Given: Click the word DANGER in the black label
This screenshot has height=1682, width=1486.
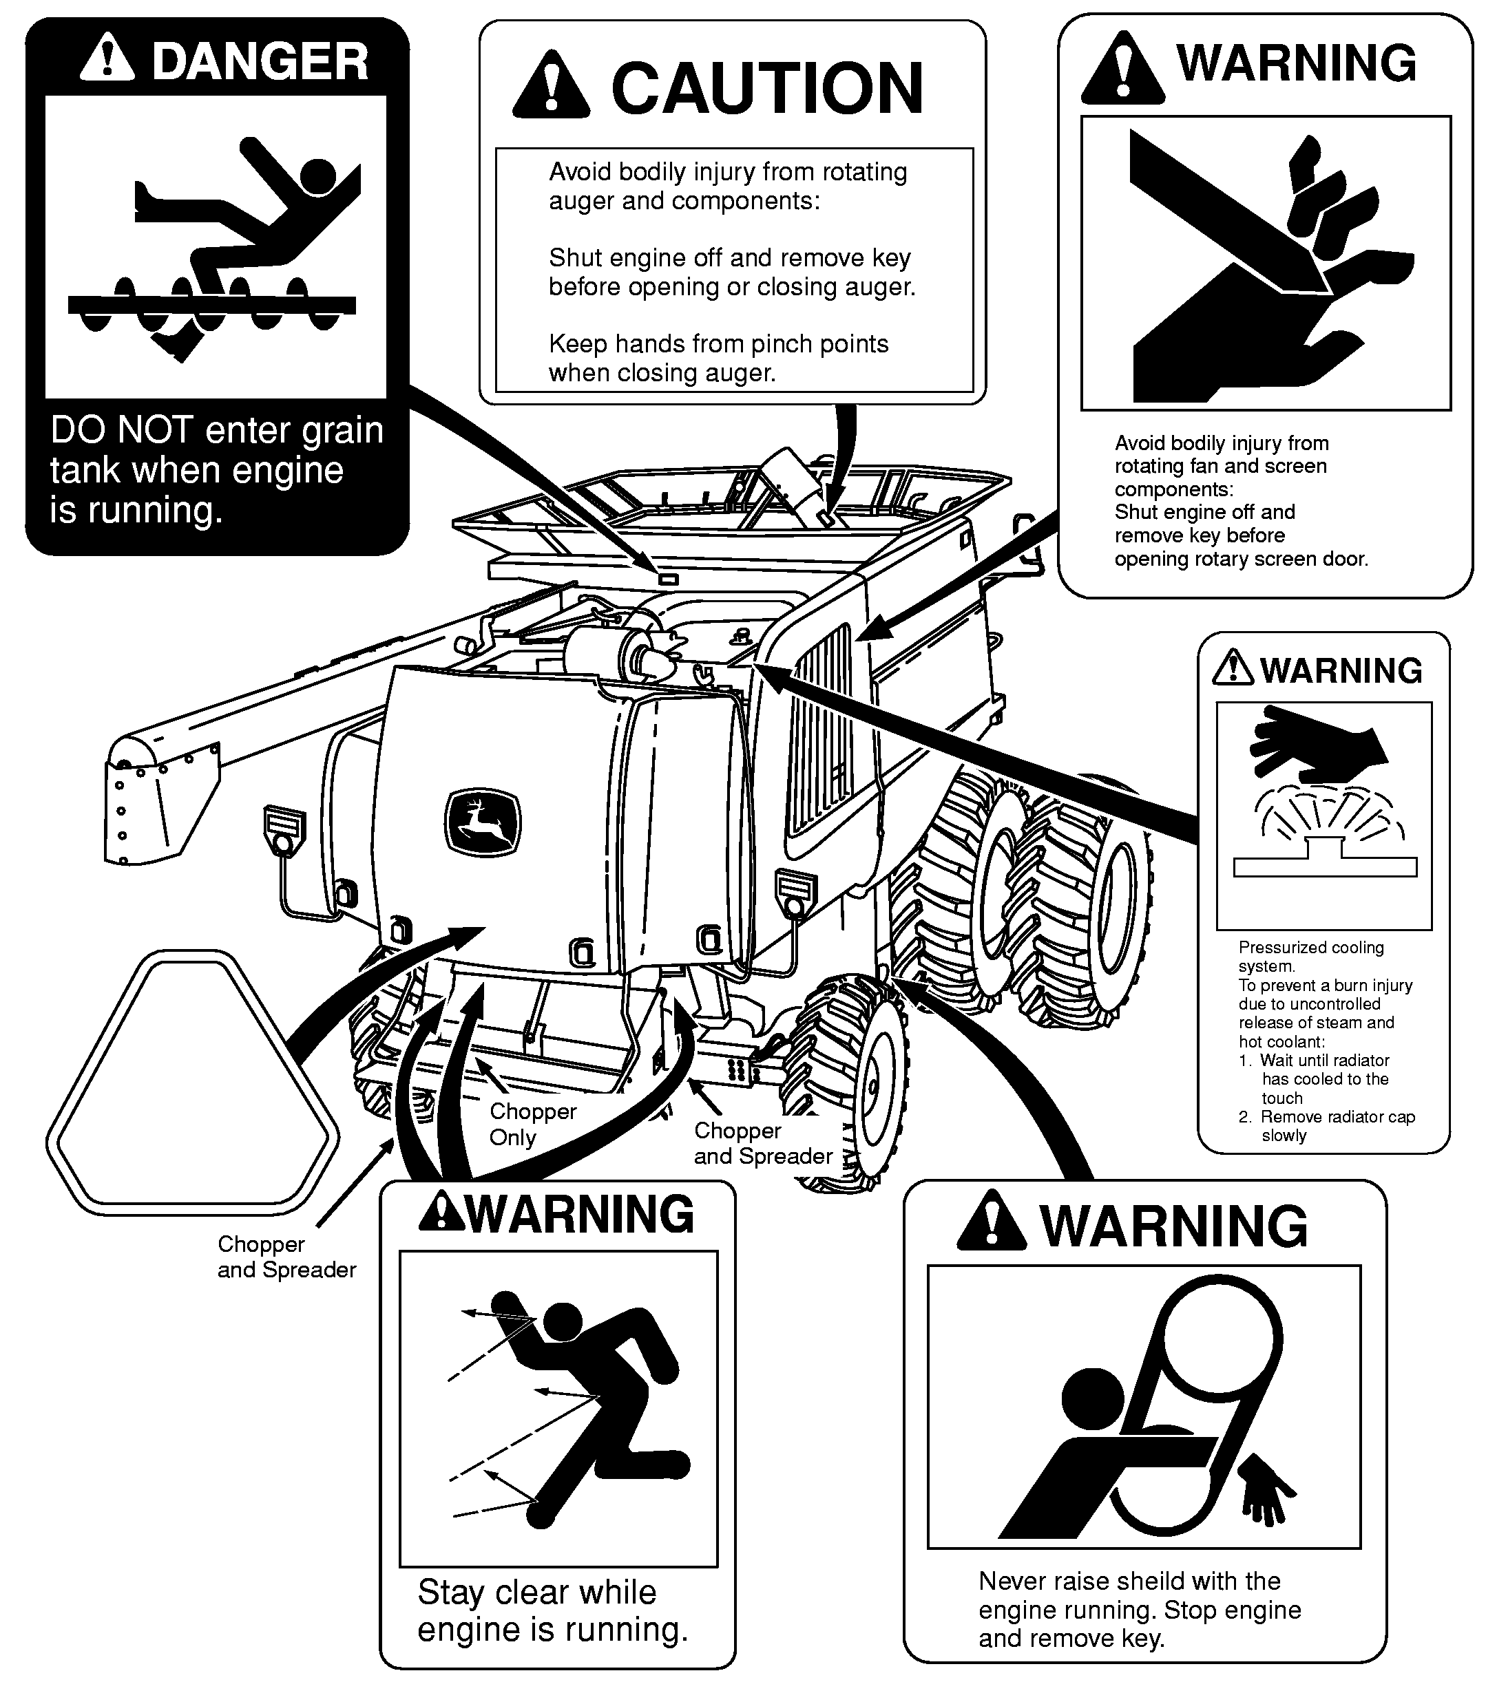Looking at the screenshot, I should click(x=260, y=62).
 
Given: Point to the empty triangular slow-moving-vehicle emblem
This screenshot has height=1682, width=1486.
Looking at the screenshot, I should click(x=192, y=1085).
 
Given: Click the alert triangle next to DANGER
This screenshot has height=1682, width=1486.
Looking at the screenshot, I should click(x=107, y=59).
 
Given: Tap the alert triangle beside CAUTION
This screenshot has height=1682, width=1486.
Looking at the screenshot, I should click(x=551, y=84).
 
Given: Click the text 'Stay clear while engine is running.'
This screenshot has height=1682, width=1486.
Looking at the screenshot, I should click(x=552, y=1610).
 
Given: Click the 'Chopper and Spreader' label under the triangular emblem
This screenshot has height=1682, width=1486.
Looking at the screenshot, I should click(x=286, y=1257).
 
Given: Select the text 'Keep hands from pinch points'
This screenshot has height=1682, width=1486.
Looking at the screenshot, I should click(x=718, y=344).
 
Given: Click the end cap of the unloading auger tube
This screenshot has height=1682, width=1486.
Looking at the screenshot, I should click(x=132, y=754).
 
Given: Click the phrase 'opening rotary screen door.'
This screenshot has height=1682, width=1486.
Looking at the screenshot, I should click(x=1241, y=560).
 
